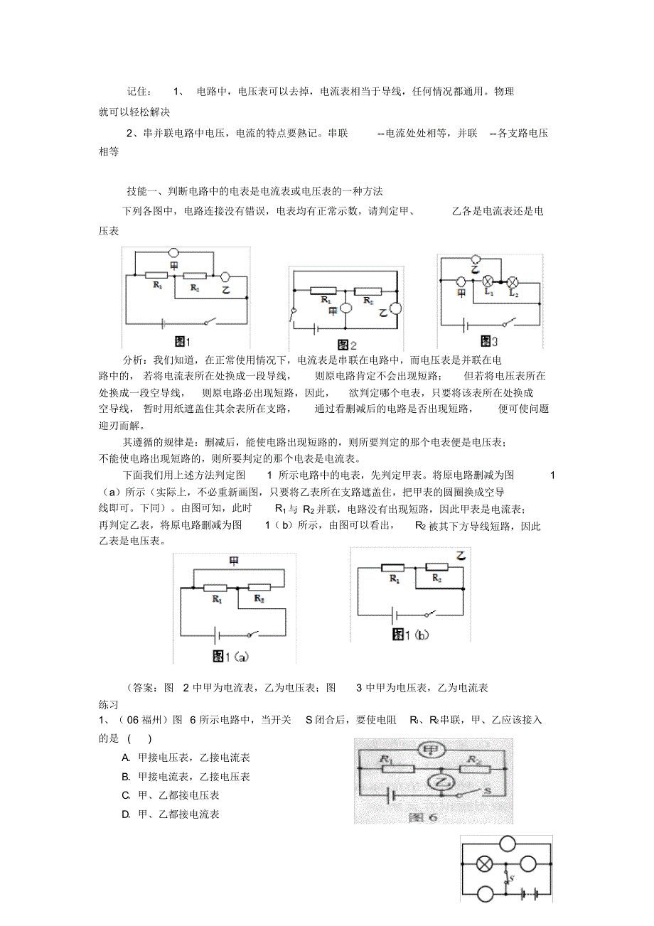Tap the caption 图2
pyautogui.click(x=346, y=345)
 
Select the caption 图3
pyautogui.click(x=490, y=341)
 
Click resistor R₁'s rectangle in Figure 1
pyautogui.click(x=156, y=274)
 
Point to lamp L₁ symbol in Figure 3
pyautogui.click(x=488, y=281)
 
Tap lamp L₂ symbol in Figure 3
pyautogui.click(x=510, y=281)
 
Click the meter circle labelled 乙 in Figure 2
pyautogui.click(x=396, y=308)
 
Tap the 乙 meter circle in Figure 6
pyautogui.click(x=443, y=783)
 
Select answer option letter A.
pyautogui.click(x=126, y=758)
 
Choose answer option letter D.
pyautogui.click(x=126, y=814)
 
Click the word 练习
pyautogui.click(x=108, y=704)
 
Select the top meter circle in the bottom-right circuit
pyautogui.click(x=508, y=844)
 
